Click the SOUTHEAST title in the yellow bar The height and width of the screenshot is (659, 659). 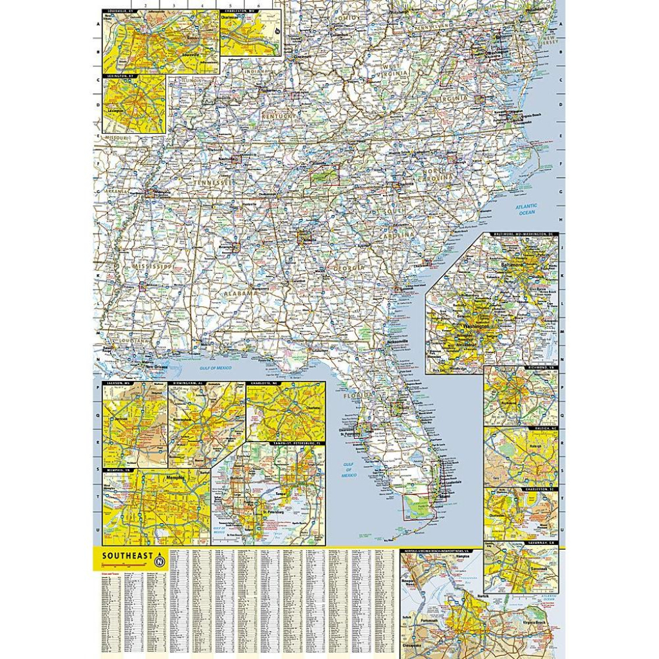click(126, 555)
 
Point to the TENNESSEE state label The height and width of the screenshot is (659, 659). click(211, 183)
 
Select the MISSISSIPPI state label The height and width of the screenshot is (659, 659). click(152, 266)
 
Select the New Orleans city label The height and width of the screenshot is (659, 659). click(156, 366)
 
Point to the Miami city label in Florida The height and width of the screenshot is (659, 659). click(443, 496)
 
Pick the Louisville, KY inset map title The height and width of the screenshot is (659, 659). click(116, 11)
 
